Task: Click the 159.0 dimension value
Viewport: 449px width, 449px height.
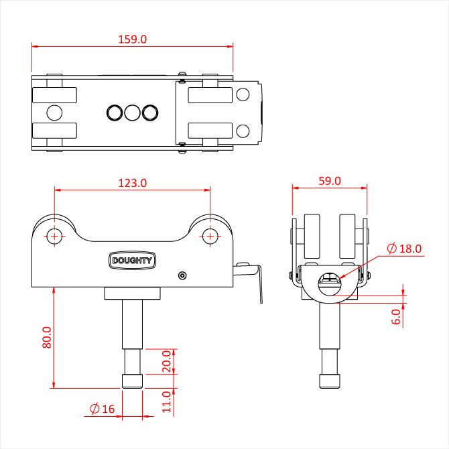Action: pos(133,39)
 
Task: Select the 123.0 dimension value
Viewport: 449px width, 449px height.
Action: pos(132,182)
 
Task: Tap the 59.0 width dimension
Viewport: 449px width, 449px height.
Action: pos(329,181)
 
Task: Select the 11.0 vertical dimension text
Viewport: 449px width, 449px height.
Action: pos(168,402)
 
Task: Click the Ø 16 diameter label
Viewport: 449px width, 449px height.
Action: pos(102,409)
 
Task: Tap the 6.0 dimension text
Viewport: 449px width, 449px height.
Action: pos(396,316)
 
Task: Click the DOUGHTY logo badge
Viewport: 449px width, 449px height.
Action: pos(132,261)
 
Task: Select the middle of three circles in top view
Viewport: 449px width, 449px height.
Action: pos(132,113)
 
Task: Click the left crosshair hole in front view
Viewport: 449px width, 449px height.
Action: pos(54,236)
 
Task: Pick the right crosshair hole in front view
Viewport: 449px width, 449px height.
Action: pos(210,236)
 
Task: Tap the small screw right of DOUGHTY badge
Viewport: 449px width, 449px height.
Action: pos(182,275)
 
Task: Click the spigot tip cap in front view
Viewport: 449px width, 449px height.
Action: pos(132,381)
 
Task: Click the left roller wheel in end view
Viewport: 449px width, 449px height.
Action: pos(312,236)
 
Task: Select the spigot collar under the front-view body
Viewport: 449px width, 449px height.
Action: pos(133,294)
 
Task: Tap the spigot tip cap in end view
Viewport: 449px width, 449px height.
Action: pos(329,381)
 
